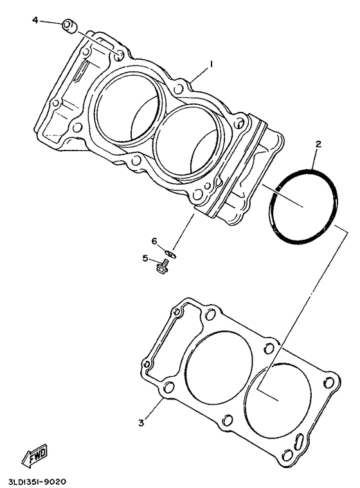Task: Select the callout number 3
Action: point(141,422)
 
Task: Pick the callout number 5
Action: point(145,258)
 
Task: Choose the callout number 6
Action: point(154,241)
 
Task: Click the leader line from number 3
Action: point(153,410)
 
